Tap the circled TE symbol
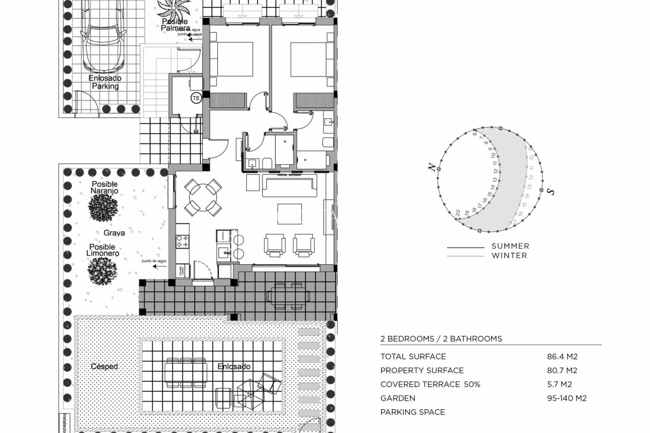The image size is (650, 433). pyautogui.click(x=196, y=98)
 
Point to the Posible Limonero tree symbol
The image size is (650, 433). pyautogui.click(x=102, y=271)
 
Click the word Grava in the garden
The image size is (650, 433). pyautogui.click(x=114, y=233)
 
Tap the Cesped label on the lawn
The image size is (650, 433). pyautogui.click(x=104, y=366)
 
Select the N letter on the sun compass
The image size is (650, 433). pyautogui.click(x=432, y=167)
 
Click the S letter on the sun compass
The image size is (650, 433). pyautogui.click(x=551, y=191)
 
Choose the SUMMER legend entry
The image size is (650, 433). pyautogui.click(x=510, y=246)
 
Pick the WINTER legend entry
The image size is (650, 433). pyautogui.click(x=509, y=256)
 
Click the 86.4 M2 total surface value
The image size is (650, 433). pyautogui.click(x=562, y=357)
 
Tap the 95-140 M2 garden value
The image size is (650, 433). pyautogui.click(x=567, y=398)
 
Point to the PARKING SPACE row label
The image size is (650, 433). pyautogui.click(x=412, y=412)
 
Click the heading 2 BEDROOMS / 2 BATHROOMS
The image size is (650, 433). pyautogui.click(x=441, y=339)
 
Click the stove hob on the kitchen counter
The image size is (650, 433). pyautogui.click(x=182, y=241)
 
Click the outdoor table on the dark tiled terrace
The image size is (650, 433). pyautogui.click(x=288, y=296)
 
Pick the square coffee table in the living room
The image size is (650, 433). pyautogui.click(x=289, y=214)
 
